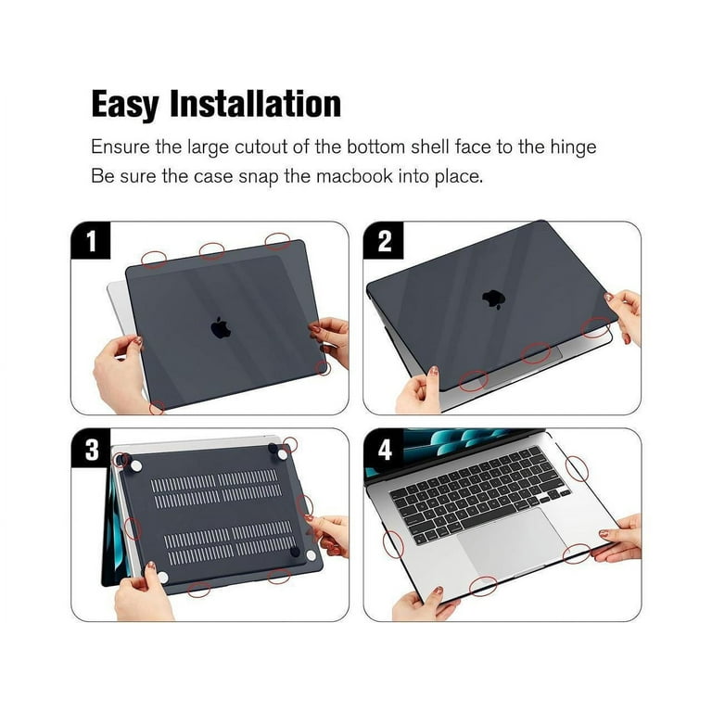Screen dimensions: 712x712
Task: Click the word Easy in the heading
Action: pos(124,104)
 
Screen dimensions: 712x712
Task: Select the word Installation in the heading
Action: pos(255,104)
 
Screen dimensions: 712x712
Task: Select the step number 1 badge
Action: pos(91,242)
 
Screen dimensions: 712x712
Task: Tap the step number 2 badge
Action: pos(383,242)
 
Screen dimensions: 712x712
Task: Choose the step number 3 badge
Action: pos(91,450)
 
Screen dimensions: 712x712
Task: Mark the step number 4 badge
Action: pos(383,450)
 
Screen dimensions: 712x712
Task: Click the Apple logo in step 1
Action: pos(221,327)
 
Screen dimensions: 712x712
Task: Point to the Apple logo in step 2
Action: pos(493,299)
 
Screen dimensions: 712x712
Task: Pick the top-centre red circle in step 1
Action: pos(212,250)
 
